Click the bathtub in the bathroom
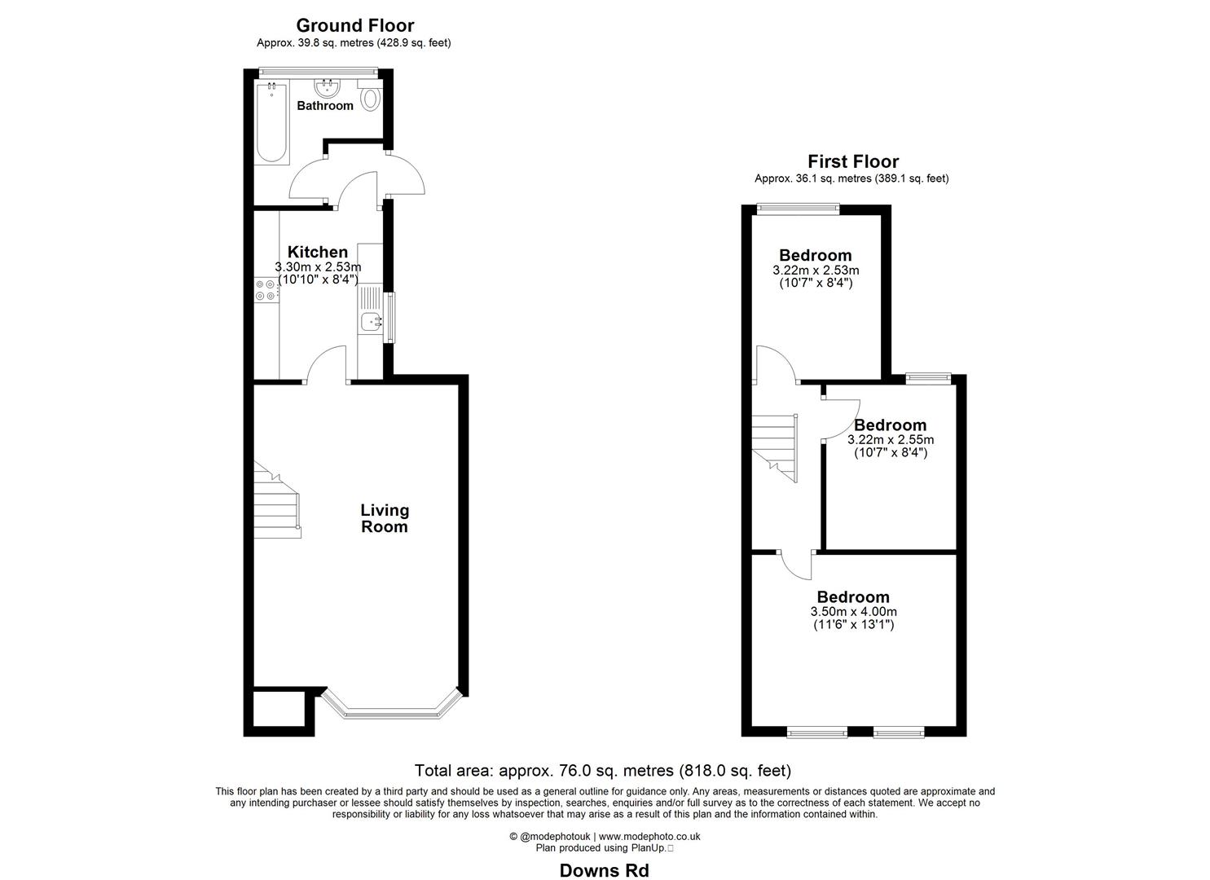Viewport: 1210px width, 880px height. pyautogui.click(x=271, y=122)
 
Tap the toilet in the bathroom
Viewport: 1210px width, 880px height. pyautogui.click(x=371, y=99)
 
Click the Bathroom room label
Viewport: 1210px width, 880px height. pyautogui.click(x=325, y=106)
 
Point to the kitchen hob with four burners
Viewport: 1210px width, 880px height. pyautogui.click(x=266, y=291)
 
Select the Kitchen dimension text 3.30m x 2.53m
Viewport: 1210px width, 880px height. pyautogui.click(x=318, y=266)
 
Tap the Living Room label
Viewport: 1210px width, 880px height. pyautogui.click(x=385, y=518)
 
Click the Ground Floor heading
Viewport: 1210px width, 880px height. pyautogui.click(x=354, y=25)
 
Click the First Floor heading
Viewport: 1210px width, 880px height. pyautogui.click(x=852, y=161)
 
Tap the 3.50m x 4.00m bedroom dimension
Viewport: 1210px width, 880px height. pyautogui.click(x=853, y=612)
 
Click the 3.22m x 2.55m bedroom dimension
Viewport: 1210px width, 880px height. pyautogui.click(x=890, y=440)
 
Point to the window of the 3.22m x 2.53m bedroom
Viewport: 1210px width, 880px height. pyautogui.click(x=798, y=209)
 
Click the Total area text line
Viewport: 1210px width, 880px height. pyautogui.click(x=602, y=770)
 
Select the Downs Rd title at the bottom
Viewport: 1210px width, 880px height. pyautogui.click(x=604, y=870)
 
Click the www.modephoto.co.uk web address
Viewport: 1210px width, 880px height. pyautogui.click(x=649, y=836)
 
